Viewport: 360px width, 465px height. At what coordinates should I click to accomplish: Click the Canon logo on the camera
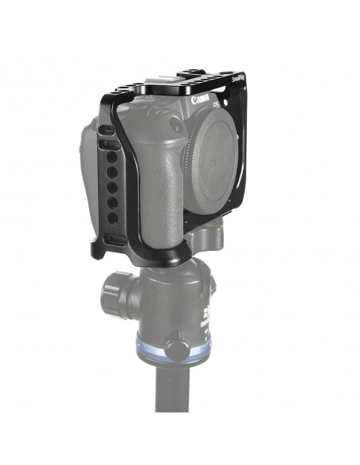point(204,102)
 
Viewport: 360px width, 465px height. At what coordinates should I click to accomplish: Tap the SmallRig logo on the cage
point(238,79)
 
